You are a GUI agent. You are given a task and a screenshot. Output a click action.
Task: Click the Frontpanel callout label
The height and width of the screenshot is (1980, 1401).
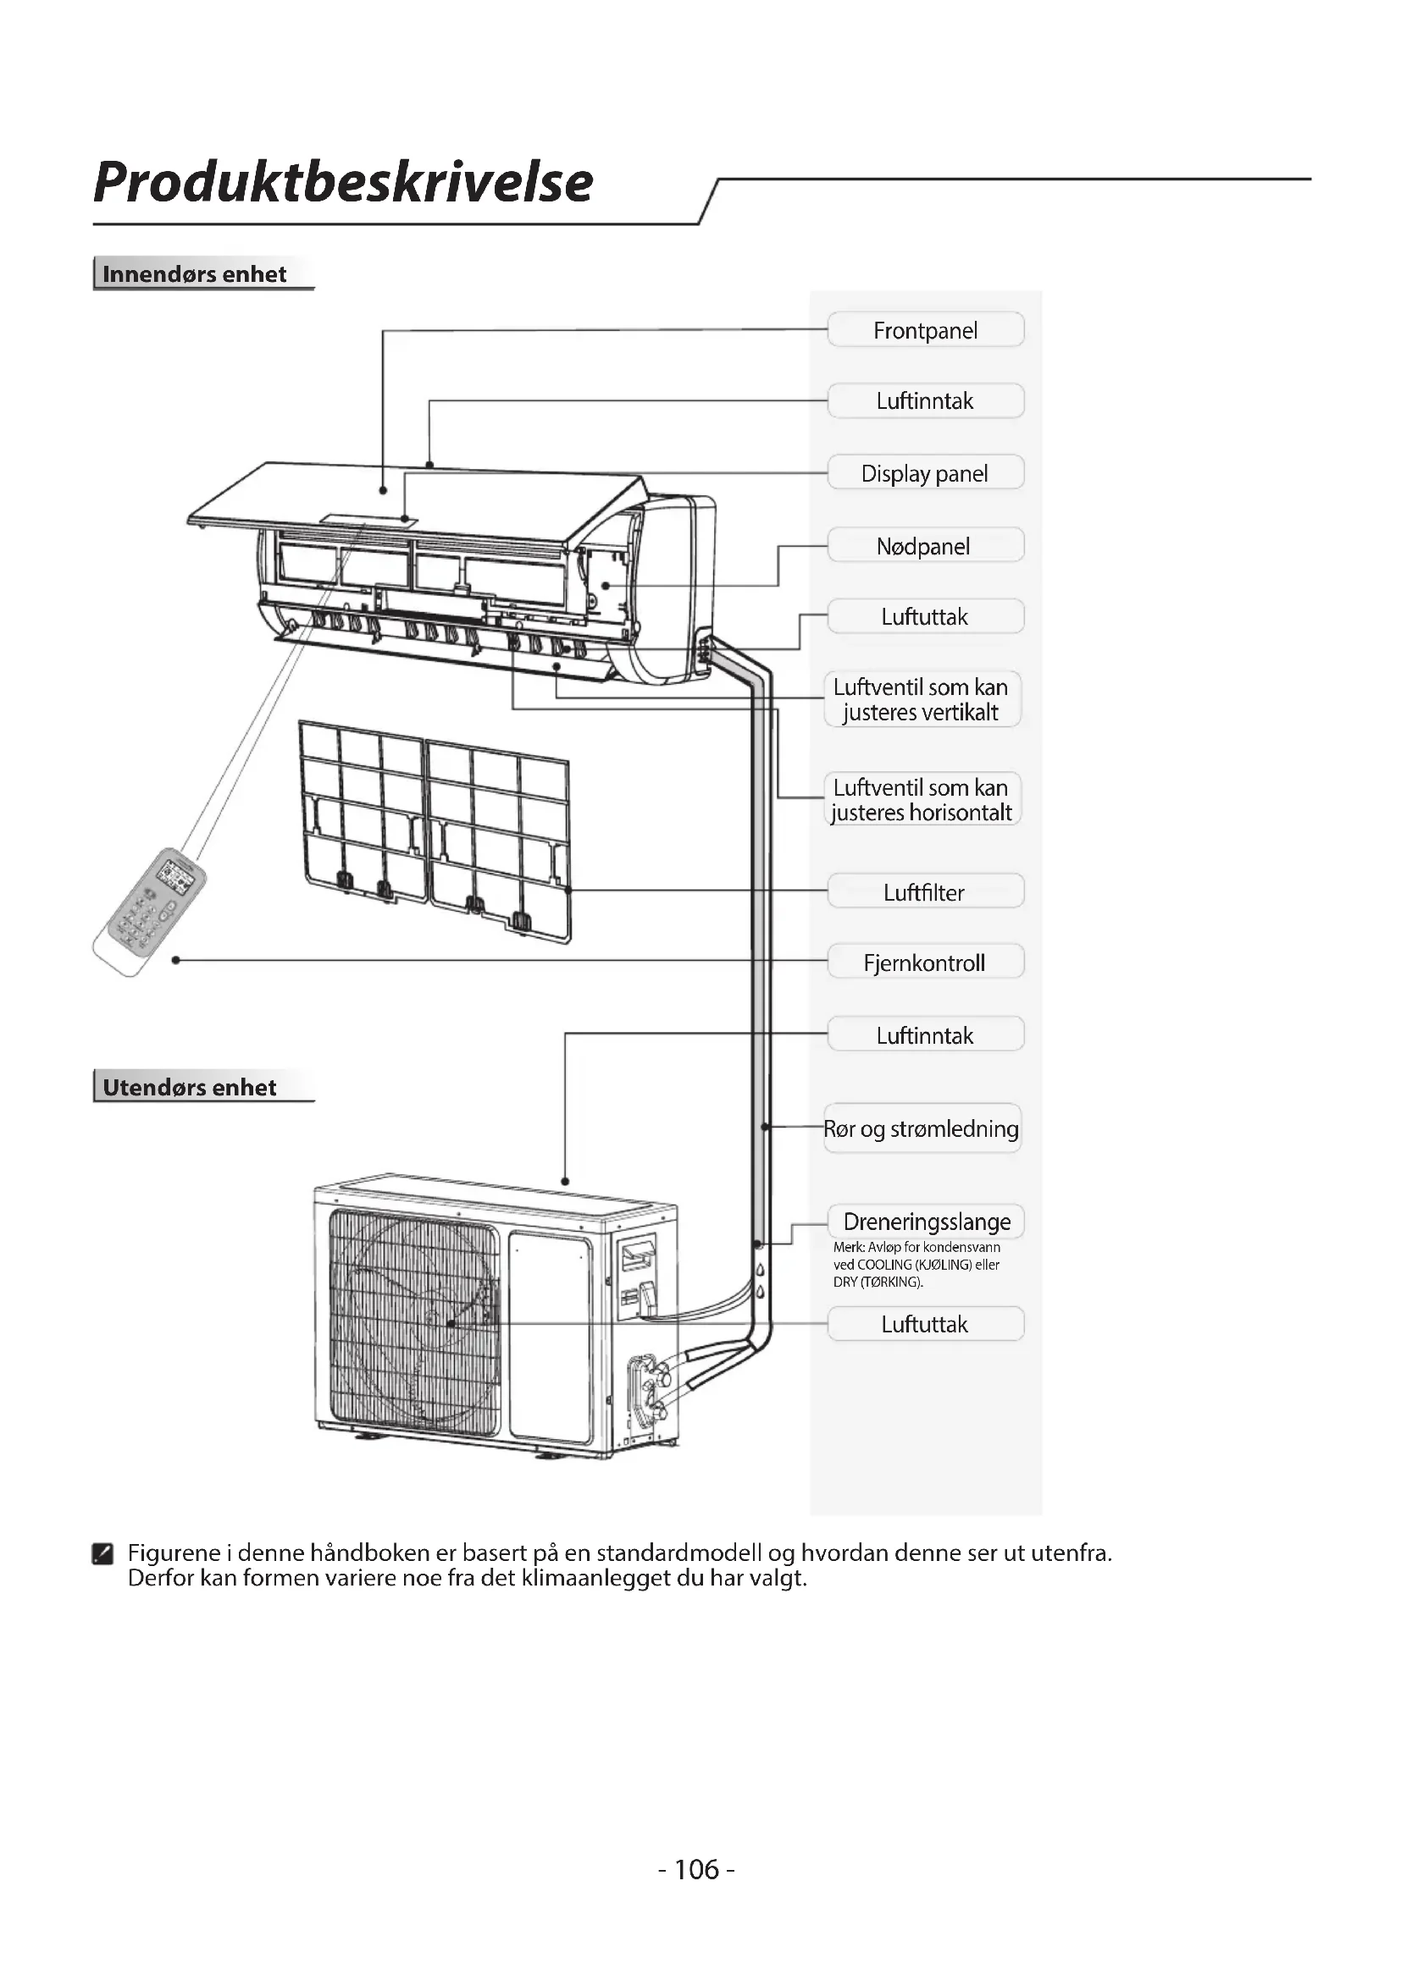925,330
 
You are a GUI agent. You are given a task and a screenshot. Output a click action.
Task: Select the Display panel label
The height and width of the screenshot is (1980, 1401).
925,473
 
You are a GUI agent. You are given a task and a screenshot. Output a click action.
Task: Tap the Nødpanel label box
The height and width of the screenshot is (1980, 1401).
925,546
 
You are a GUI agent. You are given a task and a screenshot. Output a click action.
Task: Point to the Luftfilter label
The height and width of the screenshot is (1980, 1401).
925,891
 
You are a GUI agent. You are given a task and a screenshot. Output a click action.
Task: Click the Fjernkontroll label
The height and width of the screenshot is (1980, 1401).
925,962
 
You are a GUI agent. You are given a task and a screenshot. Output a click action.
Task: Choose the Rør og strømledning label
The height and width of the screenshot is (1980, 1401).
922,1128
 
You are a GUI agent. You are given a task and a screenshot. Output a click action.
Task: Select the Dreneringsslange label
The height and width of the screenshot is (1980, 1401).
927,1222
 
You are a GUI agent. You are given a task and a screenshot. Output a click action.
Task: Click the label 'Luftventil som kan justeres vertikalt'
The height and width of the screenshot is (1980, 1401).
922,699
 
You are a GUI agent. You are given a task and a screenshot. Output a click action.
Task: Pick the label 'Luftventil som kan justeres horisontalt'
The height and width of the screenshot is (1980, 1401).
922,799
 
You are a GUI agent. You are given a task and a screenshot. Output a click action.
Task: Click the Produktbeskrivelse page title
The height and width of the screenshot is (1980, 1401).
342,182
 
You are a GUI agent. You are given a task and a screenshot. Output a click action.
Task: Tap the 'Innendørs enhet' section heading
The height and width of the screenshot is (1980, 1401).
194,274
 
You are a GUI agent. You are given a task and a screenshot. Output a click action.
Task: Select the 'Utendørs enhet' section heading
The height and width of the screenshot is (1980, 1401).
190,1088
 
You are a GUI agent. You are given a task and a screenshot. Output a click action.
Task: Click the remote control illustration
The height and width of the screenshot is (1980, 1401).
148,911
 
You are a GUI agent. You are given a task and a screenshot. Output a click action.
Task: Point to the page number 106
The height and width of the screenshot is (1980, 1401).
696,1870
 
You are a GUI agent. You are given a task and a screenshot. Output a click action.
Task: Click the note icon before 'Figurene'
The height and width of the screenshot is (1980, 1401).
102,1554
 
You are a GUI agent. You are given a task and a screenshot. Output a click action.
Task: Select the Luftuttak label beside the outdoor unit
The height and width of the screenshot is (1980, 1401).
925,1324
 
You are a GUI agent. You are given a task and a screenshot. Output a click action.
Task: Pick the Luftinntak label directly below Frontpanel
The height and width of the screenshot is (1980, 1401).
925,401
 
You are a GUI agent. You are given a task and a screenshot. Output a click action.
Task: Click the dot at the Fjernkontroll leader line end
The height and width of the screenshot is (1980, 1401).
176,960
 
